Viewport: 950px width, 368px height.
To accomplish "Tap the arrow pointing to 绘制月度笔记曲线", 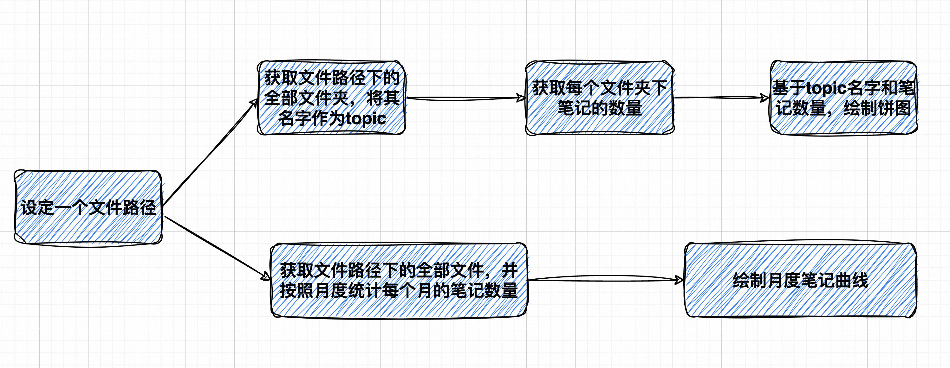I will tap(605, 279).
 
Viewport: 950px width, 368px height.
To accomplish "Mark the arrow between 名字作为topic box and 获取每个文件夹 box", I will tap(465, 98).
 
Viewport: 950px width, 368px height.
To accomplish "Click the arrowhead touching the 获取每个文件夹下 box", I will tap(521, 98).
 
